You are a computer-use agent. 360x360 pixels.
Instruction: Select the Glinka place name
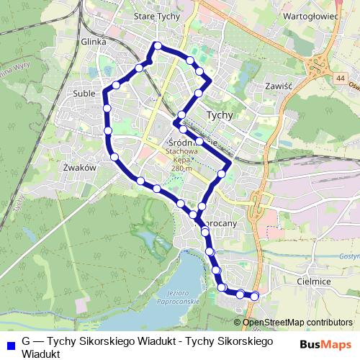94,42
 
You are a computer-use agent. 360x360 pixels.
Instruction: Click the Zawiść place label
276,85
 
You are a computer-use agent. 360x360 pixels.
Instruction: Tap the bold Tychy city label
220,114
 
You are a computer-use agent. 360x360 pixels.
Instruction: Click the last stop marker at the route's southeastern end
254,295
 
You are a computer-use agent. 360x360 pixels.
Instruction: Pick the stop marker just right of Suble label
107,108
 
